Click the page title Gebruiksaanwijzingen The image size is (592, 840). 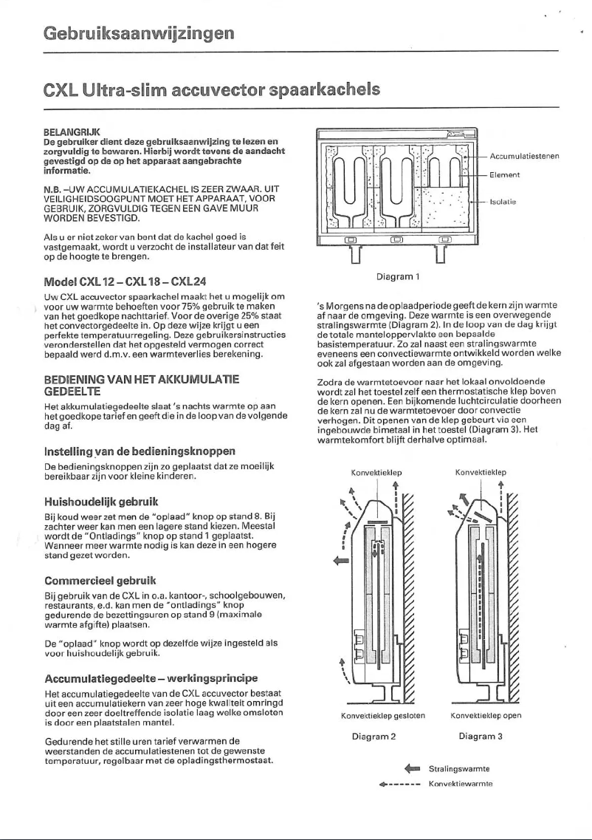139,33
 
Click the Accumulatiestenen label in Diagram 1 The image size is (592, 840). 526,156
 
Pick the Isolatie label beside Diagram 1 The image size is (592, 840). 503,200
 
